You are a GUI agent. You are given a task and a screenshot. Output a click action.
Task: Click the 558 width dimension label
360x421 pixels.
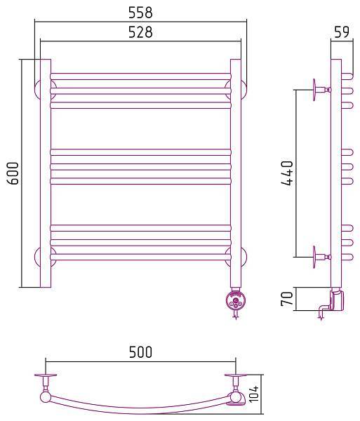click(140, 13)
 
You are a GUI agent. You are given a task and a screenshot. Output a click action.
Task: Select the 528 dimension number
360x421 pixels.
click(140, 32)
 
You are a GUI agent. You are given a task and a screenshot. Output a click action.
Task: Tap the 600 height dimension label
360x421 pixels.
click(13, 173)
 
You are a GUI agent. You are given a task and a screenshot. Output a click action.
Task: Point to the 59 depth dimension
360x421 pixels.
click(342, 32)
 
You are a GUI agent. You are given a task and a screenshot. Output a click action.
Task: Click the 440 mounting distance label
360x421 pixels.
click(287, 173)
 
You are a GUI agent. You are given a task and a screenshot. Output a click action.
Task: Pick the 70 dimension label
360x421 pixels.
click(287, 299)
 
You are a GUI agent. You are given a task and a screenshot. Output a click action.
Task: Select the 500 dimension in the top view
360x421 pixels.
click(140, 352)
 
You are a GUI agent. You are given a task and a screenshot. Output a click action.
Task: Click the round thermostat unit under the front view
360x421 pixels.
click(235, 301)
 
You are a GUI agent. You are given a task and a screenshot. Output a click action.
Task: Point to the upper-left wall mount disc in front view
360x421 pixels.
click(38, 89)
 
